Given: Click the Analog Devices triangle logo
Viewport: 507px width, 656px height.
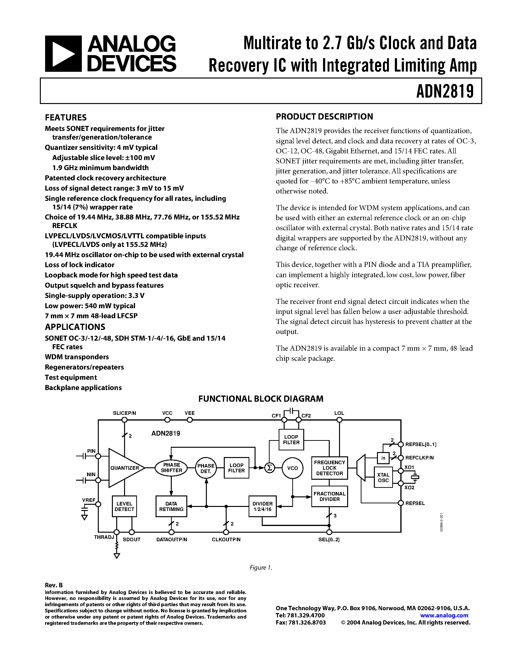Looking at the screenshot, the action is click(63, 54).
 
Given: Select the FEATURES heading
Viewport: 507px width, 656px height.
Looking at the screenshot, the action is click(66, 117).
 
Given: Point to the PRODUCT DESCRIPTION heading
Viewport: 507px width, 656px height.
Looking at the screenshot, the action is click(324, 117).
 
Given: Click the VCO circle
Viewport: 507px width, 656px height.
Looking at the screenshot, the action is click(292, 468).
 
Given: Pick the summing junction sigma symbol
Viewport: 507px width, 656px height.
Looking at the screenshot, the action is click(269, 468).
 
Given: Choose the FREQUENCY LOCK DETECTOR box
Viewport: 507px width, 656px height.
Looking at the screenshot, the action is click(329, 468).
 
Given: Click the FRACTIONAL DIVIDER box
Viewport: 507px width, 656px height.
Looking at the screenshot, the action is click(329, 496).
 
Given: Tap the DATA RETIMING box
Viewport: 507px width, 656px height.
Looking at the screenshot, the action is click(171, 506).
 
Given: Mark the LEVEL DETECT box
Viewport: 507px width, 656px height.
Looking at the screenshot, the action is click(124, 506).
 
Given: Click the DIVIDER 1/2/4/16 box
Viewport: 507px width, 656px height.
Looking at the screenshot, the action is click(262, 506).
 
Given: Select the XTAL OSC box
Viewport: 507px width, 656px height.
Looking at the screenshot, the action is click(383, 477).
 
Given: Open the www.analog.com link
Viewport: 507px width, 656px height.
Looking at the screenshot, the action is click(444, 615).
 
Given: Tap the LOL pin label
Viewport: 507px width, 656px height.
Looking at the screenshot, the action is click(339, 413).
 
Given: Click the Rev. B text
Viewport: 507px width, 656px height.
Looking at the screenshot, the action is click(54, 585).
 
